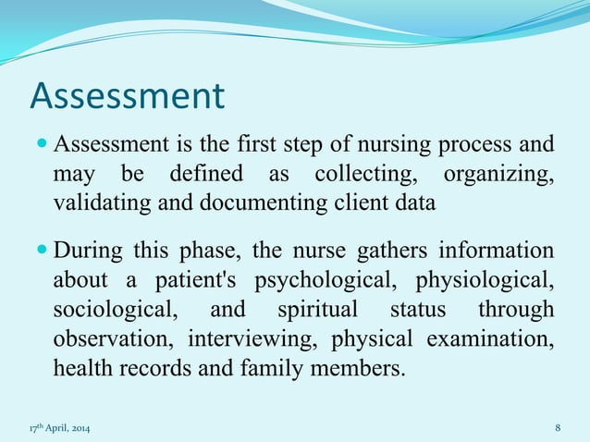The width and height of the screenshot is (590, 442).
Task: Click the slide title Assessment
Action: pos(128,96)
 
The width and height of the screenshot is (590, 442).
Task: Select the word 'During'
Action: pos(87,252)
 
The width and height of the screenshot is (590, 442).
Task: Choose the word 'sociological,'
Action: pos(104,309)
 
